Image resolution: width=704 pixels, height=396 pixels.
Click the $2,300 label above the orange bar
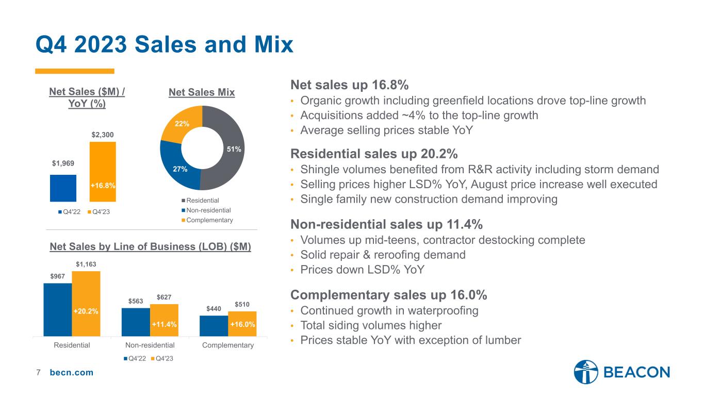pos(103,135)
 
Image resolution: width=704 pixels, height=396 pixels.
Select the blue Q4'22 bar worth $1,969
pos(63,188)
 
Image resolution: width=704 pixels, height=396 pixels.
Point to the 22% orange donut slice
pos(182,123)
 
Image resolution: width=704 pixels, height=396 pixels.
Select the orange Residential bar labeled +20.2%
pos(86,304)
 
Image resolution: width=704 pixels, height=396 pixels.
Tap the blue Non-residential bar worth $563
pos(136,322)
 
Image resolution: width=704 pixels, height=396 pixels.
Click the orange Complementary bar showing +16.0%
pos(242,324)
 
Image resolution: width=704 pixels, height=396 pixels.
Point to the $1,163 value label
pos(86,265)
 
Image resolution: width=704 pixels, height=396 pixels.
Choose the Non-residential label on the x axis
pos(150,345)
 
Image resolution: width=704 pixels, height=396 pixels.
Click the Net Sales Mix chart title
pos(202,92)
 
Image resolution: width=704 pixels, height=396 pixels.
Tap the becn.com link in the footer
pos(72,372)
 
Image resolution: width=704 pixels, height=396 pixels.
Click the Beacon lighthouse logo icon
pos(586,372)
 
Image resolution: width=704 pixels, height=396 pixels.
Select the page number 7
pos(38,372)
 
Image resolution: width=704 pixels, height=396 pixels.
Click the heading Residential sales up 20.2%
pos(374,154)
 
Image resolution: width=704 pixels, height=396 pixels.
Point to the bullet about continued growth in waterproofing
pos(389,310)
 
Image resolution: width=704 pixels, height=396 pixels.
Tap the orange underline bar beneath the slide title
pos(74,71)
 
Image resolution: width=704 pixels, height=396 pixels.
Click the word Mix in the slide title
pos(274,44)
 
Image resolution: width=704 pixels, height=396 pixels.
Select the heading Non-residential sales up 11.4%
pos(387,224)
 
